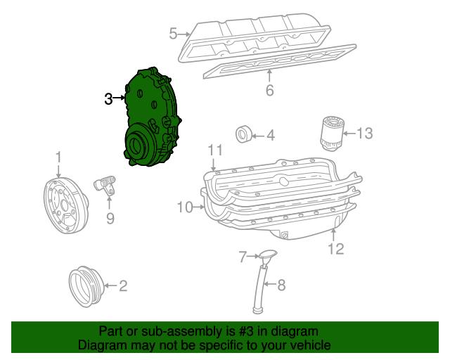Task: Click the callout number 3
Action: click(108, 99)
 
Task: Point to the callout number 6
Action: click(269, 91)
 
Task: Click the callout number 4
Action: click(270, 135)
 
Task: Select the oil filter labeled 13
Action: click(330, 134)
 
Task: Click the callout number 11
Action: click(214, 150)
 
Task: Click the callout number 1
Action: click(59, 157)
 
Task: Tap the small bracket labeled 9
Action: click(106, 186)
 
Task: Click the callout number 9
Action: click(110, 219)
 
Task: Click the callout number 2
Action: click(122, 285)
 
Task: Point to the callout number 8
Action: click(281, 285)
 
